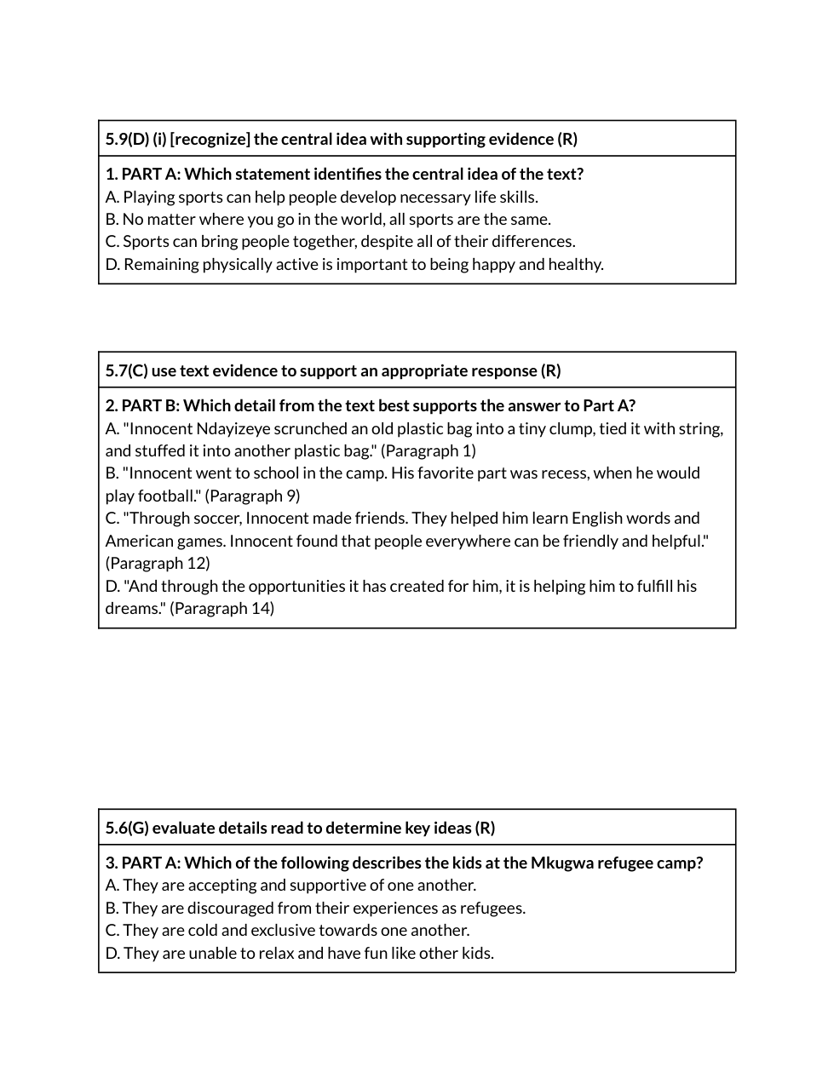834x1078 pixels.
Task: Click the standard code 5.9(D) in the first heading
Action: [x=127, y=139]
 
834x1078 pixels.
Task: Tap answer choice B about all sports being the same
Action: [x=328, y=219]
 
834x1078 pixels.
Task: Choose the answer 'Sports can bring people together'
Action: [x=340, y=241]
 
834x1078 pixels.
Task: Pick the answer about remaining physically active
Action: [x=354, y=264]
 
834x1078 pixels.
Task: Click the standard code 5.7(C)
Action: [x=126, y=370]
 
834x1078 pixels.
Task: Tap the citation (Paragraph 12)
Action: [x=158, y=563]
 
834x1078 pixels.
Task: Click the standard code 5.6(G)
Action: [x=127, y=828]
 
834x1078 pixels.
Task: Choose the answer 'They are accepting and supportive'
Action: [x=290, y=885]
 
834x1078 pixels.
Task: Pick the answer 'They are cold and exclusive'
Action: [x=287, y=930]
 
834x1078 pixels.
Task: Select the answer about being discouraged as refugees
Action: [x=315, y=908]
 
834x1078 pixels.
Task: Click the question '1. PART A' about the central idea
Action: [x=344, y=174]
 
